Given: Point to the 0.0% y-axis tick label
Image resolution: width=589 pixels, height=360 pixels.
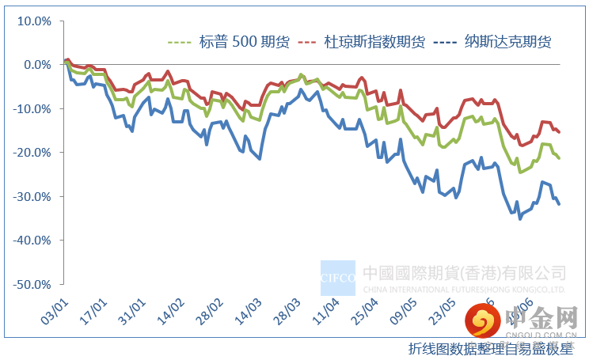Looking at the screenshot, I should click(x=37, y=65).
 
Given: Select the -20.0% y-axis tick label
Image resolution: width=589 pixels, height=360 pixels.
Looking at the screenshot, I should click(x=33, y=153).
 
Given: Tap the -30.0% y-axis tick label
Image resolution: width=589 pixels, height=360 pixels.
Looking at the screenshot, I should click(x=33, y=196).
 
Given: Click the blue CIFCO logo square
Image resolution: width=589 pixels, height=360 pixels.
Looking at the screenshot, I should click(x=337, y=277).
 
